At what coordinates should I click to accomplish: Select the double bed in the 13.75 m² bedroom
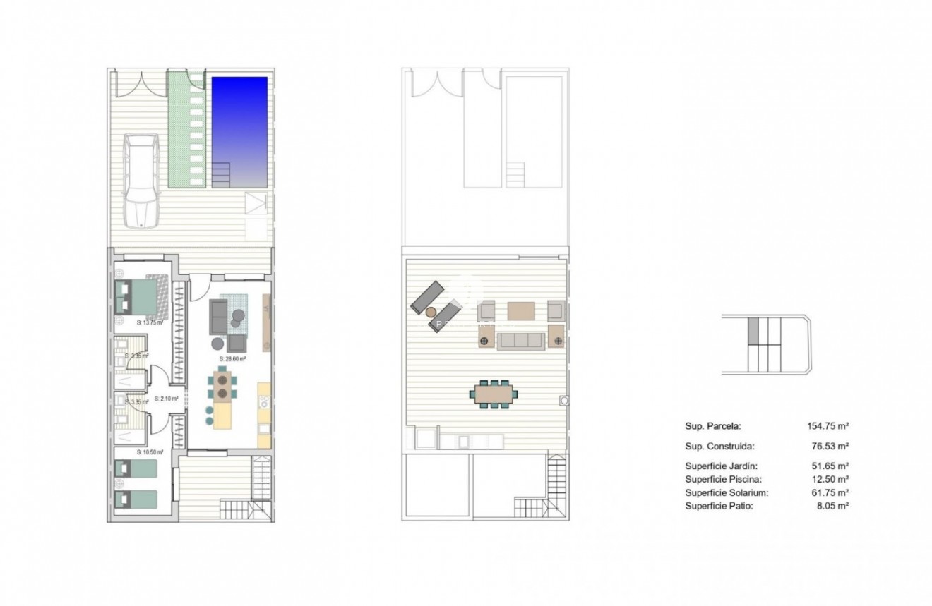138,297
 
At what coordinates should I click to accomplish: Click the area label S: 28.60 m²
232,358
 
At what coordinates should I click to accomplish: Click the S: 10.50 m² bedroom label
150,452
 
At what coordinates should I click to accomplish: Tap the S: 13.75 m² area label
149,322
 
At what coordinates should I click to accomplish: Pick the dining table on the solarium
494,394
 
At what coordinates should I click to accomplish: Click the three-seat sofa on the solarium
520,341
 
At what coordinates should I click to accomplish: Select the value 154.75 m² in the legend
828,426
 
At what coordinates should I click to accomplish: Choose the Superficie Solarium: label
727,492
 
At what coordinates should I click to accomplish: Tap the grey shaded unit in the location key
753,330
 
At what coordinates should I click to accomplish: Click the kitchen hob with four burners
264,404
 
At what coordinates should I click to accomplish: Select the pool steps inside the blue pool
222,171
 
